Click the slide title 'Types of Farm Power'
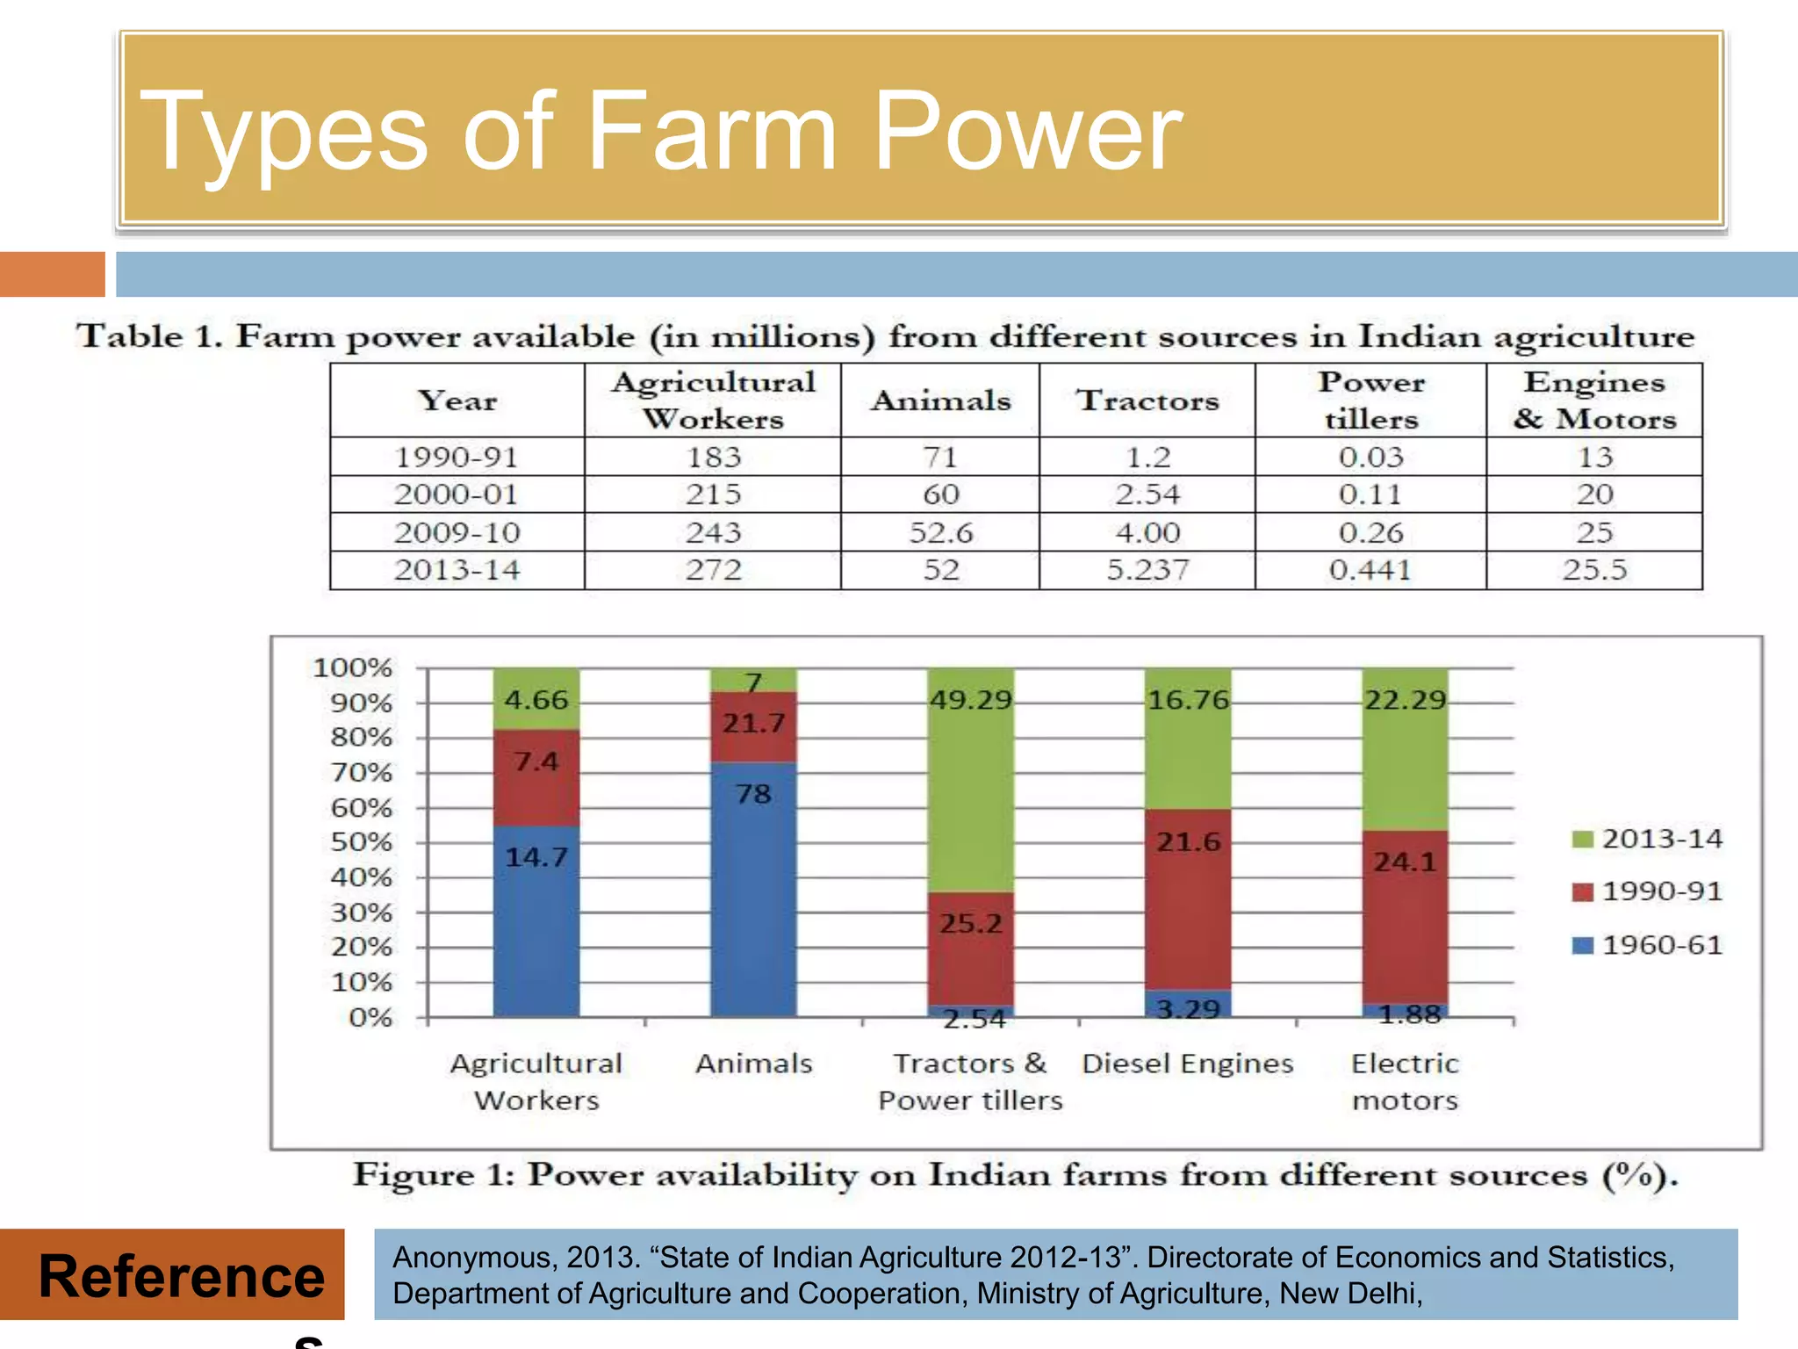660,132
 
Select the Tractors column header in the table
1147,400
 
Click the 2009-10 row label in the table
457,532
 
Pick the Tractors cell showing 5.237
1147,570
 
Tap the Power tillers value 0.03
1370,457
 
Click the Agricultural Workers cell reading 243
713,532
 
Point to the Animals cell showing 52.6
940,532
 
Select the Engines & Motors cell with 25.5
1594,570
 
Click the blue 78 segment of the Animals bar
753,887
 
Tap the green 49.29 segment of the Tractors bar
971,782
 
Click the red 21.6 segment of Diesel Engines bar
1188,896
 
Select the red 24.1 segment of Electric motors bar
1405,913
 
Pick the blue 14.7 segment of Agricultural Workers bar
536,922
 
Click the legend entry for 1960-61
1648,945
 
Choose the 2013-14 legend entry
1648,839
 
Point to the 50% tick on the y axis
362,842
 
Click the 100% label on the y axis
352,667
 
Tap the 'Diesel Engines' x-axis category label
1188,1064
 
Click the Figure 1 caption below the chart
1016,1175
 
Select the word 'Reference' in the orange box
182,1276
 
